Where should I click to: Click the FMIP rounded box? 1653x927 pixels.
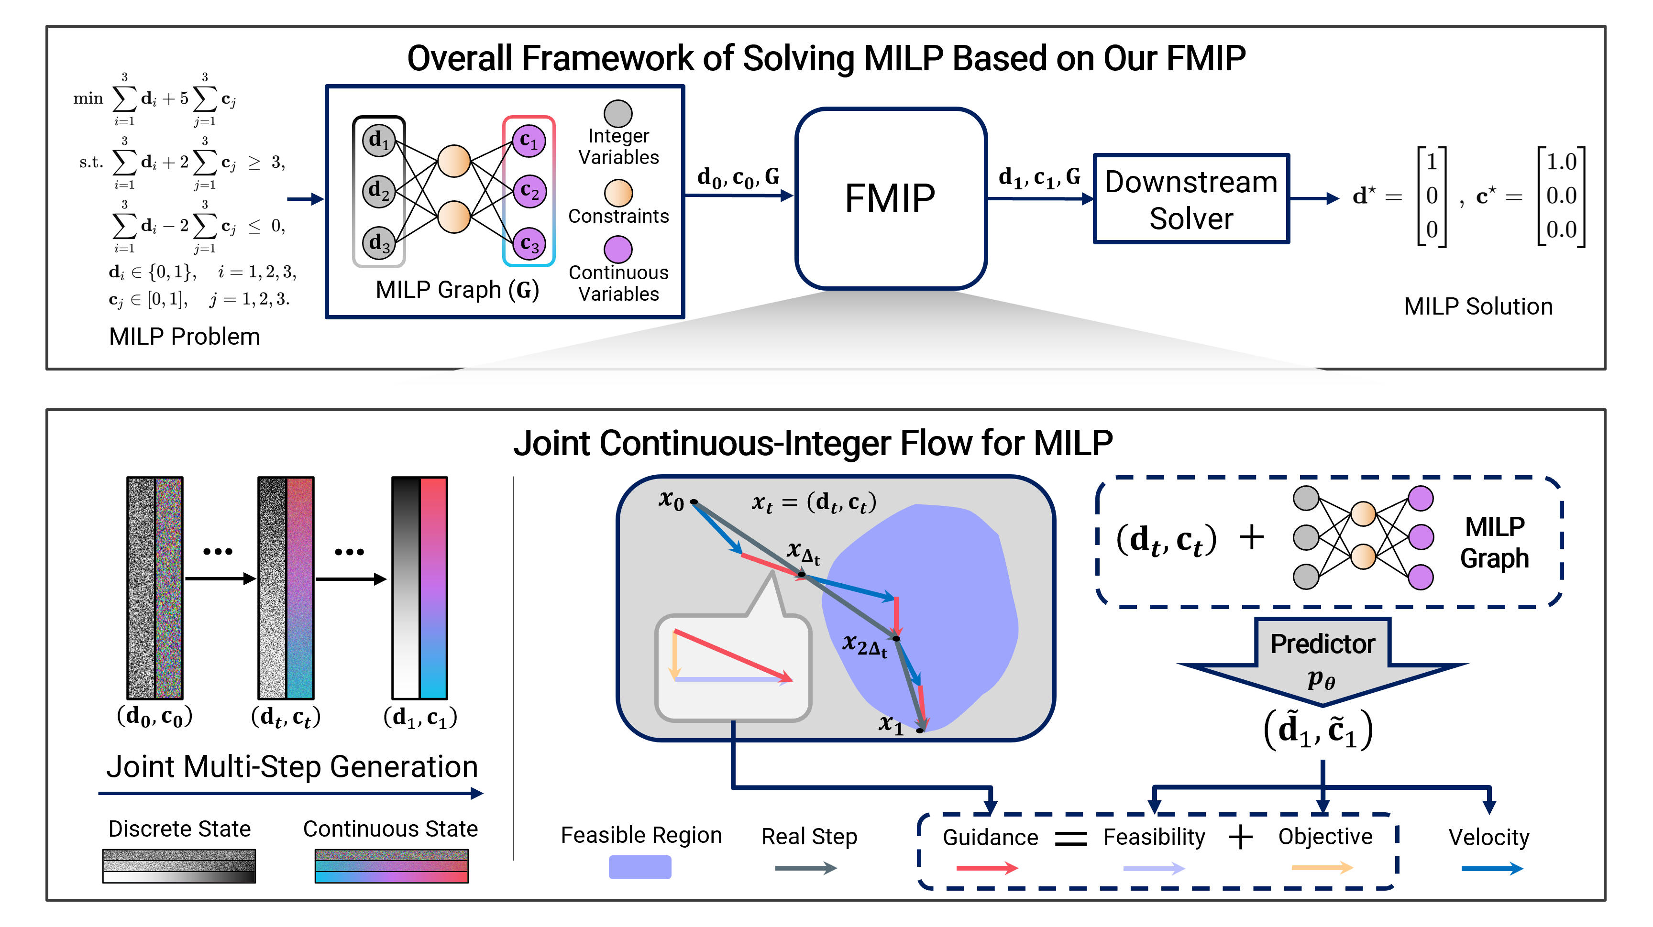tap(891, 198)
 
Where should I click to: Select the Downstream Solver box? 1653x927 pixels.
tap(1191, 199)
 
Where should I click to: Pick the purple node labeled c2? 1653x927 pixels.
tap(529, 191)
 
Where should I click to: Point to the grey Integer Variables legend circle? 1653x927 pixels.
tap(618, 114)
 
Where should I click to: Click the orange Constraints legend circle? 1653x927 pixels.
tap(618, 193)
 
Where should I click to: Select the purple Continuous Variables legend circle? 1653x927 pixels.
tap(618, 249)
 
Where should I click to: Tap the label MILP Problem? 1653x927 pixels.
tap(184, 336)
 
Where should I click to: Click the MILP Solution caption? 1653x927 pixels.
tap(1478, 306)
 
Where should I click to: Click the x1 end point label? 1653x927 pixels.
tap(891, 724)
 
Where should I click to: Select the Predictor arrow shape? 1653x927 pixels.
tap(1322, 661)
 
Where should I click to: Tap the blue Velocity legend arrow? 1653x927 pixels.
tap(1492, 869)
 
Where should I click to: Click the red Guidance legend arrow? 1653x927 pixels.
tap(987, 868)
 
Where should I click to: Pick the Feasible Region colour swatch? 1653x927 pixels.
tap(640, 867)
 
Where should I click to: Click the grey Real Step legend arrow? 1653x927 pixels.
tap(806, 868)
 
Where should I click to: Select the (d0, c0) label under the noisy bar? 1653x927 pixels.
tap(154, 716)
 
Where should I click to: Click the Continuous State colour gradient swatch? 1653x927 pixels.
tap(391, 866)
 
